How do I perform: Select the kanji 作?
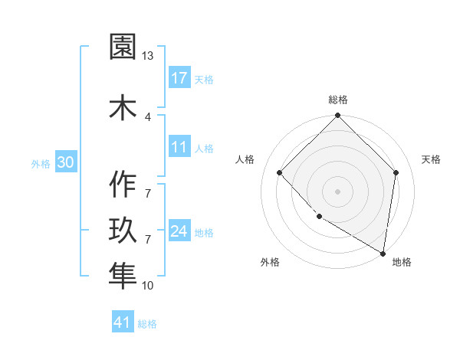(123, 185)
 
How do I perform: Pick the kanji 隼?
(123, 275)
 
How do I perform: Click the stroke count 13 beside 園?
(148, 56)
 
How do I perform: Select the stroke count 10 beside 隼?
(148, 286)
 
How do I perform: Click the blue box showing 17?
(179, 78)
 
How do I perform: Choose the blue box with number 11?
(179, 147)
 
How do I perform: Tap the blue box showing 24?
(179, 231)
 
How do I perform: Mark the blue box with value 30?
(65, 162)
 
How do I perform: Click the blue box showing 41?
(123, 322)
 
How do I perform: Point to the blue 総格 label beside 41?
(147, 324)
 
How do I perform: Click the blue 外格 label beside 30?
(41, 163)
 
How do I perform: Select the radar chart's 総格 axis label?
(338, 100)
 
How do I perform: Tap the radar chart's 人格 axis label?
(245, 159)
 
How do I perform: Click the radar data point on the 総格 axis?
(338, 116)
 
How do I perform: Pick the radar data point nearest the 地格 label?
(383, 253)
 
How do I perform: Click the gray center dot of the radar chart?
(338, 191)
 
